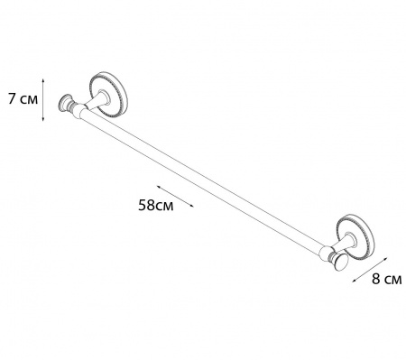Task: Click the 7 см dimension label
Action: (x=23, y=99)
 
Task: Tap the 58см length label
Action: (x=155, y=205)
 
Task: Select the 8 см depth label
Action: (x=386, y=279)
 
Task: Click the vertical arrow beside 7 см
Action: (x=43, y=100)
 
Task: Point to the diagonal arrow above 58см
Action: (x=175, y=196)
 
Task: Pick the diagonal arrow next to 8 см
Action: (x=371, y=270)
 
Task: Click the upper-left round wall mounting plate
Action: (x=108, y=94)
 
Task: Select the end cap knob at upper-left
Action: (x=65, y=103)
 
